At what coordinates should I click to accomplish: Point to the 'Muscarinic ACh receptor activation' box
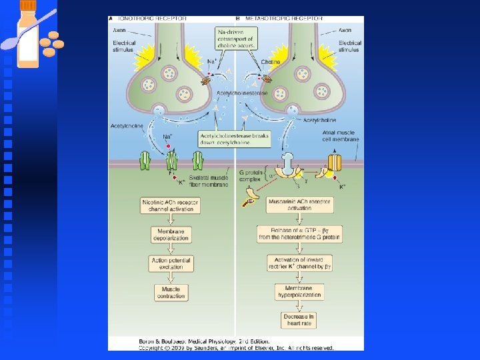(299, 205)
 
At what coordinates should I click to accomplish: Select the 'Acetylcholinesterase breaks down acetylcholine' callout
(233, 139)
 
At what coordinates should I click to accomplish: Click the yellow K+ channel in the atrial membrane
(333, 163)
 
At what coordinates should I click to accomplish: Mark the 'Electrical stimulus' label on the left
(125, 47)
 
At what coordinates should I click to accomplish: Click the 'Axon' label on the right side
(345, 31)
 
